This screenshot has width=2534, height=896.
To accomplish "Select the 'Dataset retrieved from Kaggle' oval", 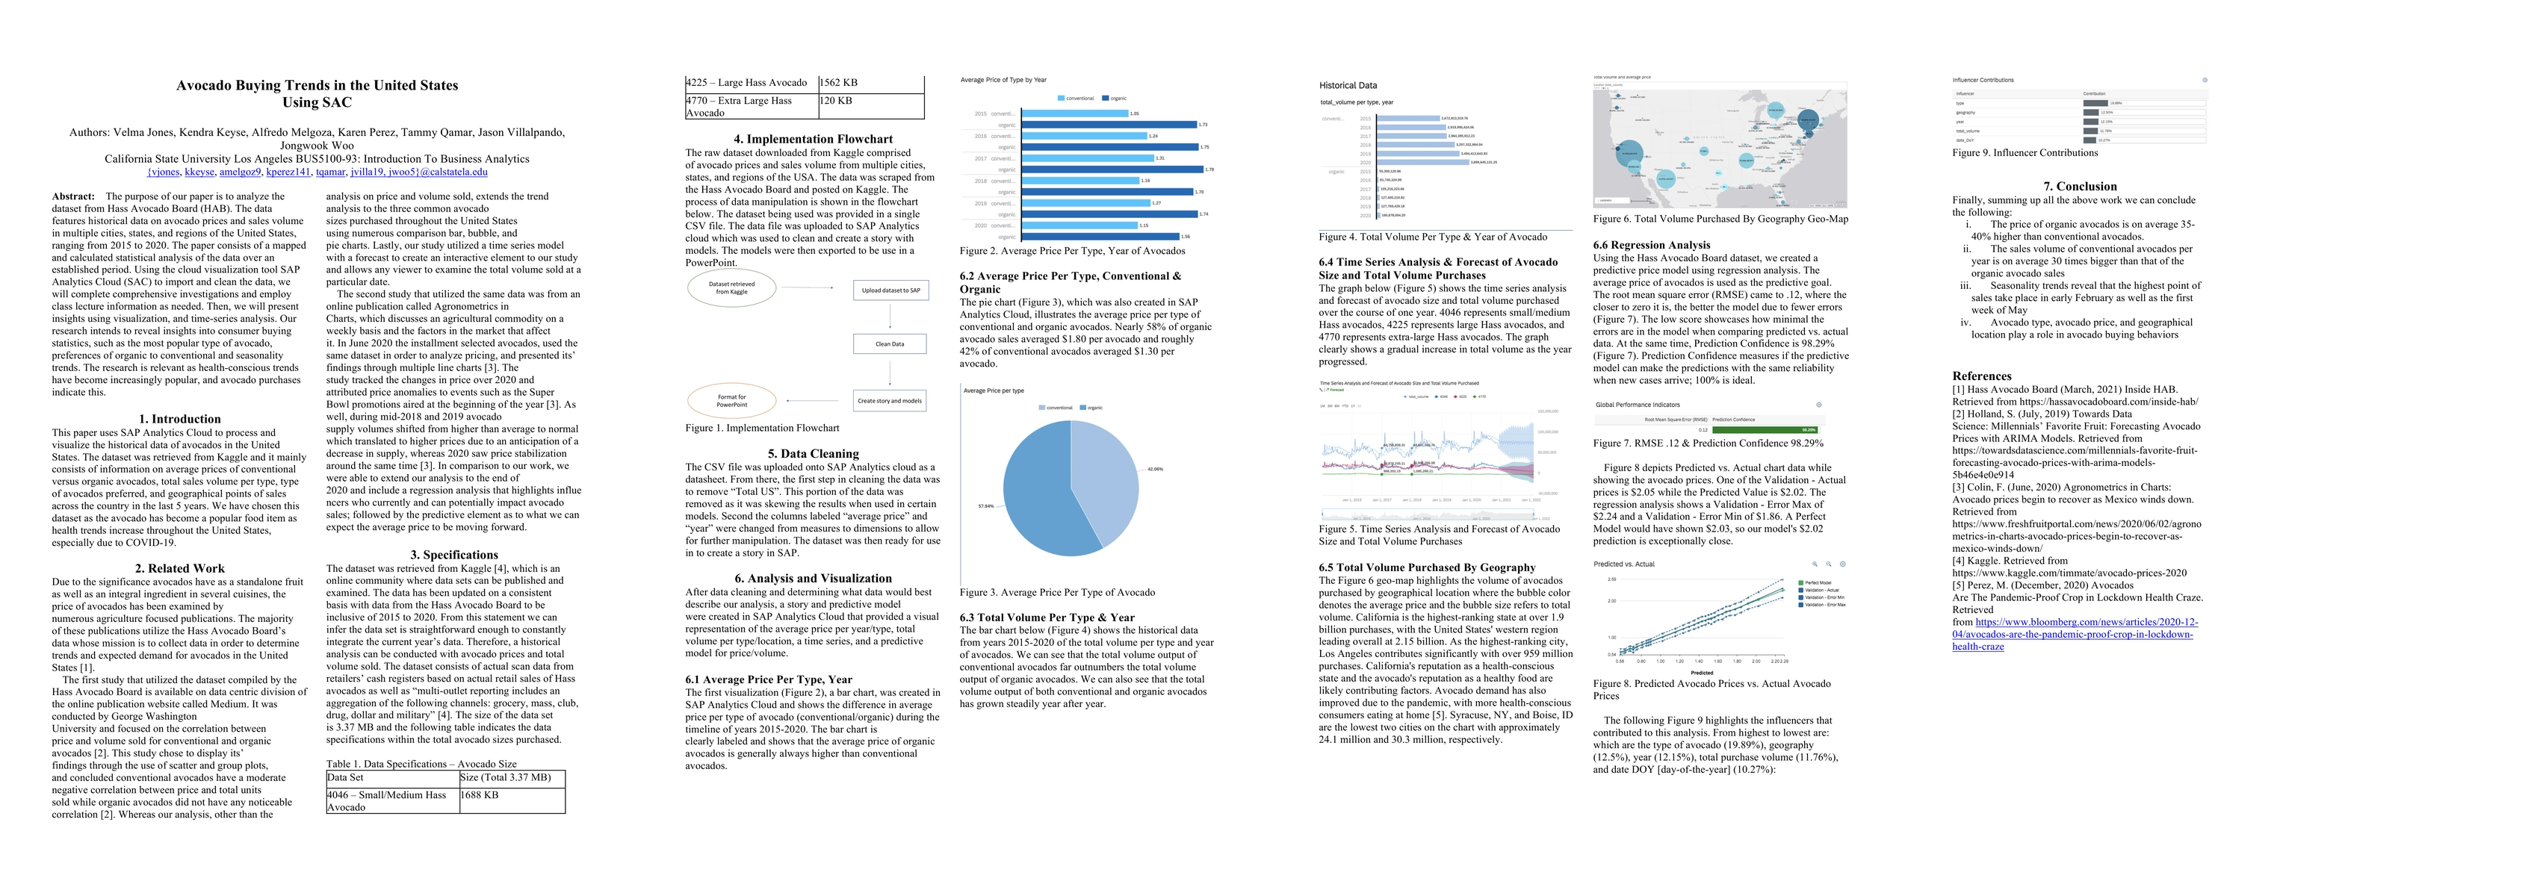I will click(732, 288).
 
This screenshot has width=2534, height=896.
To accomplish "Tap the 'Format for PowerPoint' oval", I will click(732, 400).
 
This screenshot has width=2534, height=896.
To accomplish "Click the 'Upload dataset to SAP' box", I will click(890, 291).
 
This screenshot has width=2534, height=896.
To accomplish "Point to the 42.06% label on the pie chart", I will click(1155, 469).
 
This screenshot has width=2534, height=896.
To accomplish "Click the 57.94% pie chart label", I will click(985, 506).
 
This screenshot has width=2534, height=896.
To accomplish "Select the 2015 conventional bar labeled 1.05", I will click(1075, 113).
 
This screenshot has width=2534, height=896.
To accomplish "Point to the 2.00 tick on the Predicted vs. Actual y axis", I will click(1611, 601).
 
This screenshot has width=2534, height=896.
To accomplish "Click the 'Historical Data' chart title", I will click(1348, 86).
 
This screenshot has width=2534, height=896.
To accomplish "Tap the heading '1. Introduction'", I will click(179, 419).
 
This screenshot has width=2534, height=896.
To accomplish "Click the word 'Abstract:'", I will click(72, 196).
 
